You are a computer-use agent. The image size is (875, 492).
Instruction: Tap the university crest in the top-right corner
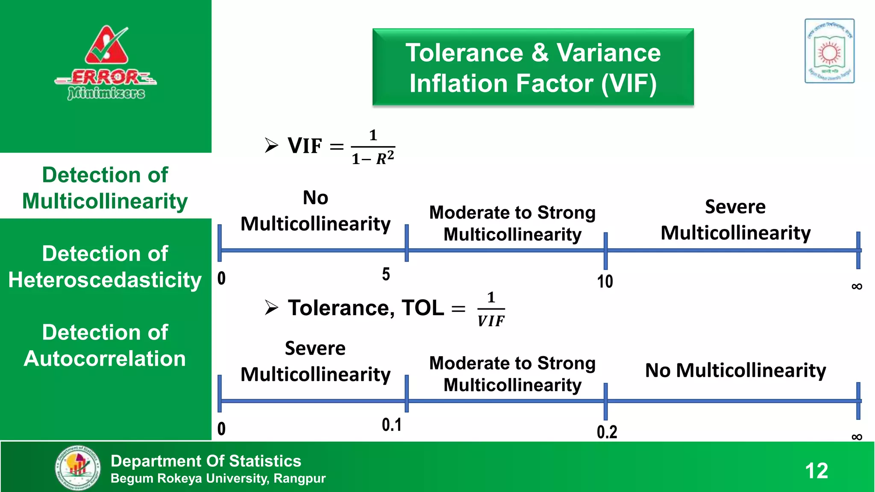829,51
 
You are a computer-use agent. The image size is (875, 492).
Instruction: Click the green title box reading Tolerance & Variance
533,67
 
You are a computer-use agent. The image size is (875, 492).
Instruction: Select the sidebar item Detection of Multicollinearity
105,188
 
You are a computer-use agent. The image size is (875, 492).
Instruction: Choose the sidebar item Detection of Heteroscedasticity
105,267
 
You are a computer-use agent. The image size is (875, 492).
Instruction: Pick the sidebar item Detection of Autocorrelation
105,346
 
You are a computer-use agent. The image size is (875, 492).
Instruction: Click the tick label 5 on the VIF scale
386,274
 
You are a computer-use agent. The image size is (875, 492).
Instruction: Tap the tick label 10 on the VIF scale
605,281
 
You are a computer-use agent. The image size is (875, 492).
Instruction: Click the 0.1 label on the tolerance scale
391,425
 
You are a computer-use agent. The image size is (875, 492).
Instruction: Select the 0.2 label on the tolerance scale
607,432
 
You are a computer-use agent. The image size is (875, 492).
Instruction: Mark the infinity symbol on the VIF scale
857,286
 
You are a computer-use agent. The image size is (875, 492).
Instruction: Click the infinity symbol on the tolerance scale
857,436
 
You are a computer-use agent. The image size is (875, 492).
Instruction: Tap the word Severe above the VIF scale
735,207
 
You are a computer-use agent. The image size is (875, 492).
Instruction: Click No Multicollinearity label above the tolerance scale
735,370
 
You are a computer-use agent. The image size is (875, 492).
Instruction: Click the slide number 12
816,471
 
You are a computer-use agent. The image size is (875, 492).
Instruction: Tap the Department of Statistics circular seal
78,468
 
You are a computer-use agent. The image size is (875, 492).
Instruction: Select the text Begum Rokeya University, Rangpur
218,478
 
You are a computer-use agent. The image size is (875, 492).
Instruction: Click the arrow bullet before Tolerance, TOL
271,307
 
